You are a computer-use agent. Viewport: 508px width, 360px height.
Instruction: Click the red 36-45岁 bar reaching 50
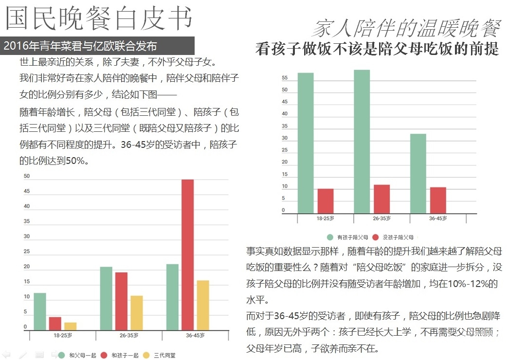[x=187, y=255]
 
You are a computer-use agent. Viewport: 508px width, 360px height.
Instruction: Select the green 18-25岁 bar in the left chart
[x=40, y=312]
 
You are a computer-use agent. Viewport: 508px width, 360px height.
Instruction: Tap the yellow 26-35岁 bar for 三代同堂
[x=137, y=313]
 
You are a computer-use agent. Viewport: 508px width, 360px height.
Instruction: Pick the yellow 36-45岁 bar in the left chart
[x=203, y=306]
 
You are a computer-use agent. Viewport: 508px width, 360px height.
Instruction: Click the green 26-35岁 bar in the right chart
[x=362, y=142]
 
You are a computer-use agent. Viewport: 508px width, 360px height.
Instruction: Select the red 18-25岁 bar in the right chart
[x=326, y=201]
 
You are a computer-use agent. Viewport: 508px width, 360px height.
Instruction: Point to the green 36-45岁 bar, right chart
[x=418, y=173]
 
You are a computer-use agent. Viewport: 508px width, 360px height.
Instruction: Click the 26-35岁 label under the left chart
[x=128, y=336]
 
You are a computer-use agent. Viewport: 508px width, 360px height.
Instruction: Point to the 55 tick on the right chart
[x=285, y=78]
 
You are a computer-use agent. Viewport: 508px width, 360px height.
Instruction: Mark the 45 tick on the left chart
[x=27, y=191]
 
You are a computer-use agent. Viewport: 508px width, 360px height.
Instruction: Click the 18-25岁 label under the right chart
[x=326, y=218]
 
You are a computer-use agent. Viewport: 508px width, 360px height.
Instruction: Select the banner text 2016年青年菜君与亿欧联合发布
[x=80, y=47]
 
